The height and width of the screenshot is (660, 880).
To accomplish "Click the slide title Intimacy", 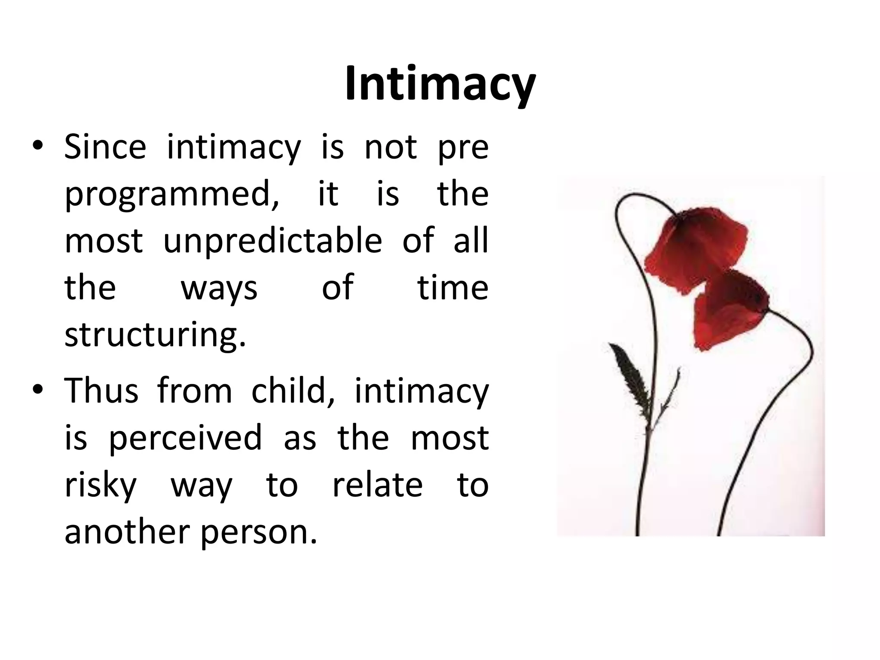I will pyautogui.click(x=440, y=84).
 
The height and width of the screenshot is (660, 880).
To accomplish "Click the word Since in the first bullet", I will pyautogui.click(x=105, y=147).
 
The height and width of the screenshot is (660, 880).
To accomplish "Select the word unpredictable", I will pyautogui.click(x=273, y=241).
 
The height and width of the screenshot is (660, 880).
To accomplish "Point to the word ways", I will pyautogui.click(x=219, y=288).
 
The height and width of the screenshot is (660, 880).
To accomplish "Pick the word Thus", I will pyautogui.click(x=101, y=391).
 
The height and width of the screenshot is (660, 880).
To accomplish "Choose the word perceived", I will pyautogui.click(x=186, y=438).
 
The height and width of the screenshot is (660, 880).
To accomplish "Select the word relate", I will pyautogui.click(x=378, y=485).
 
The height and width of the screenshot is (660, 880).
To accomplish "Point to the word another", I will pyautogui.click(x=127, y=532).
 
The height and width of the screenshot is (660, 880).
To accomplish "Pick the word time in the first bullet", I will pyautogui.click(x=453, y=287).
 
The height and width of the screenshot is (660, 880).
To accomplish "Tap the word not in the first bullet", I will pyautogui.click(x=391, y=147).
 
